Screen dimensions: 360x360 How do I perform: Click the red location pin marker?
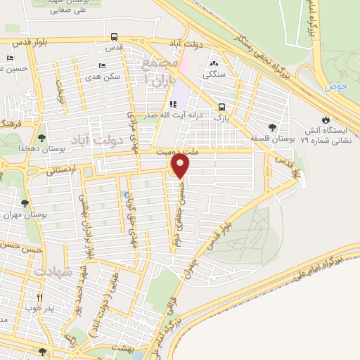(181, 166)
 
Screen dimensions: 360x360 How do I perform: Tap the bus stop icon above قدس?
(114, 37)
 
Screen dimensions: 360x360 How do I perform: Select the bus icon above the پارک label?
(222, 108)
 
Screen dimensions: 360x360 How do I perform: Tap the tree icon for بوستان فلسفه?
(272, 127)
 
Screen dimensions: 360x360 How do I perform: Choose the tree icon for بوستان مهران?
(25, 203)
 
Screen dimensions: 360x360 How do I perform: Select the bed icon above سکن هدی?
(103, 65)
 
